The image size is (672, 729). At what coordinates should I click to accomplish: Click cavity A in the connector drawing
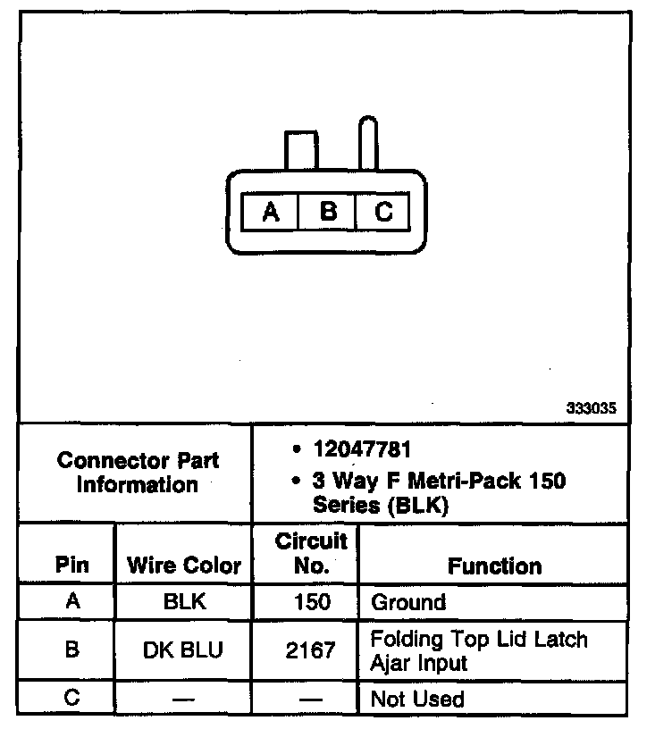click(x=271, y=213)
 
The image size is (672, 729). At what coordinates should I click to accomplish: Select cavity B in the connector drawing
click(x=328, y=213)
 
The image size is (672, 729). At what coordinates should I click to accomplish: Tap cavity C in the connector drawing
click(x=382, y=213)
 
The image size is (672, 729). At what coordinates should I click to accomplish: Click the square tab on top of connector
click(x=300, y=149)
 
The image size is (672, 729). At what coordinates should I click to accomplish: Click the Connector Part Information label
click(x=138, y=473)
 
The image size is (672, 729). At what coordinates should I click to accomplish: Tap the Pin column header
click(x=72, y=566)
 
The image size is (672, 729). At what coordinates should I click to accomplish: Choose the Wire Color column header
click(x=184, y=566)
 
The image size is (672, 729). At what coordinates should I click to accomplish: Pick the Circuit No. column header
click(x=310, y=553)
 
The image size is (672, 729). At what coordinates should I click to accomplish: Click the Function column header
click(x=494, y=566)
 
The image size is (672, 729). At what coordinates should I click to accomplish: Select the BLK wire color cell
click(x=184, y=602)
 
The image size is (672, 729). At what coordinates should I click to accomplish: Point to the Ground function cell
click(x=408, y=602)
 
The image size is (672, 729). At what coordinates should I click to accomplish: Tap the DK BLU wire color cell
click(x=184, y=650)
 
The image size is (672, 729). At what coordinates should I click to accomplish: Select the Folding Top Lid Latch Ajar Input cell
click(x=479, y=650)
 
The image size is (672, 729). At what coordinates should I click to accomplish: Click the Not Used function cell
click(x=417, y=699)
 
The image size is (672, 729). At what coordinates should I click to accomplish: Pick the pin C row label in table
click(x=72, y=698)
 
